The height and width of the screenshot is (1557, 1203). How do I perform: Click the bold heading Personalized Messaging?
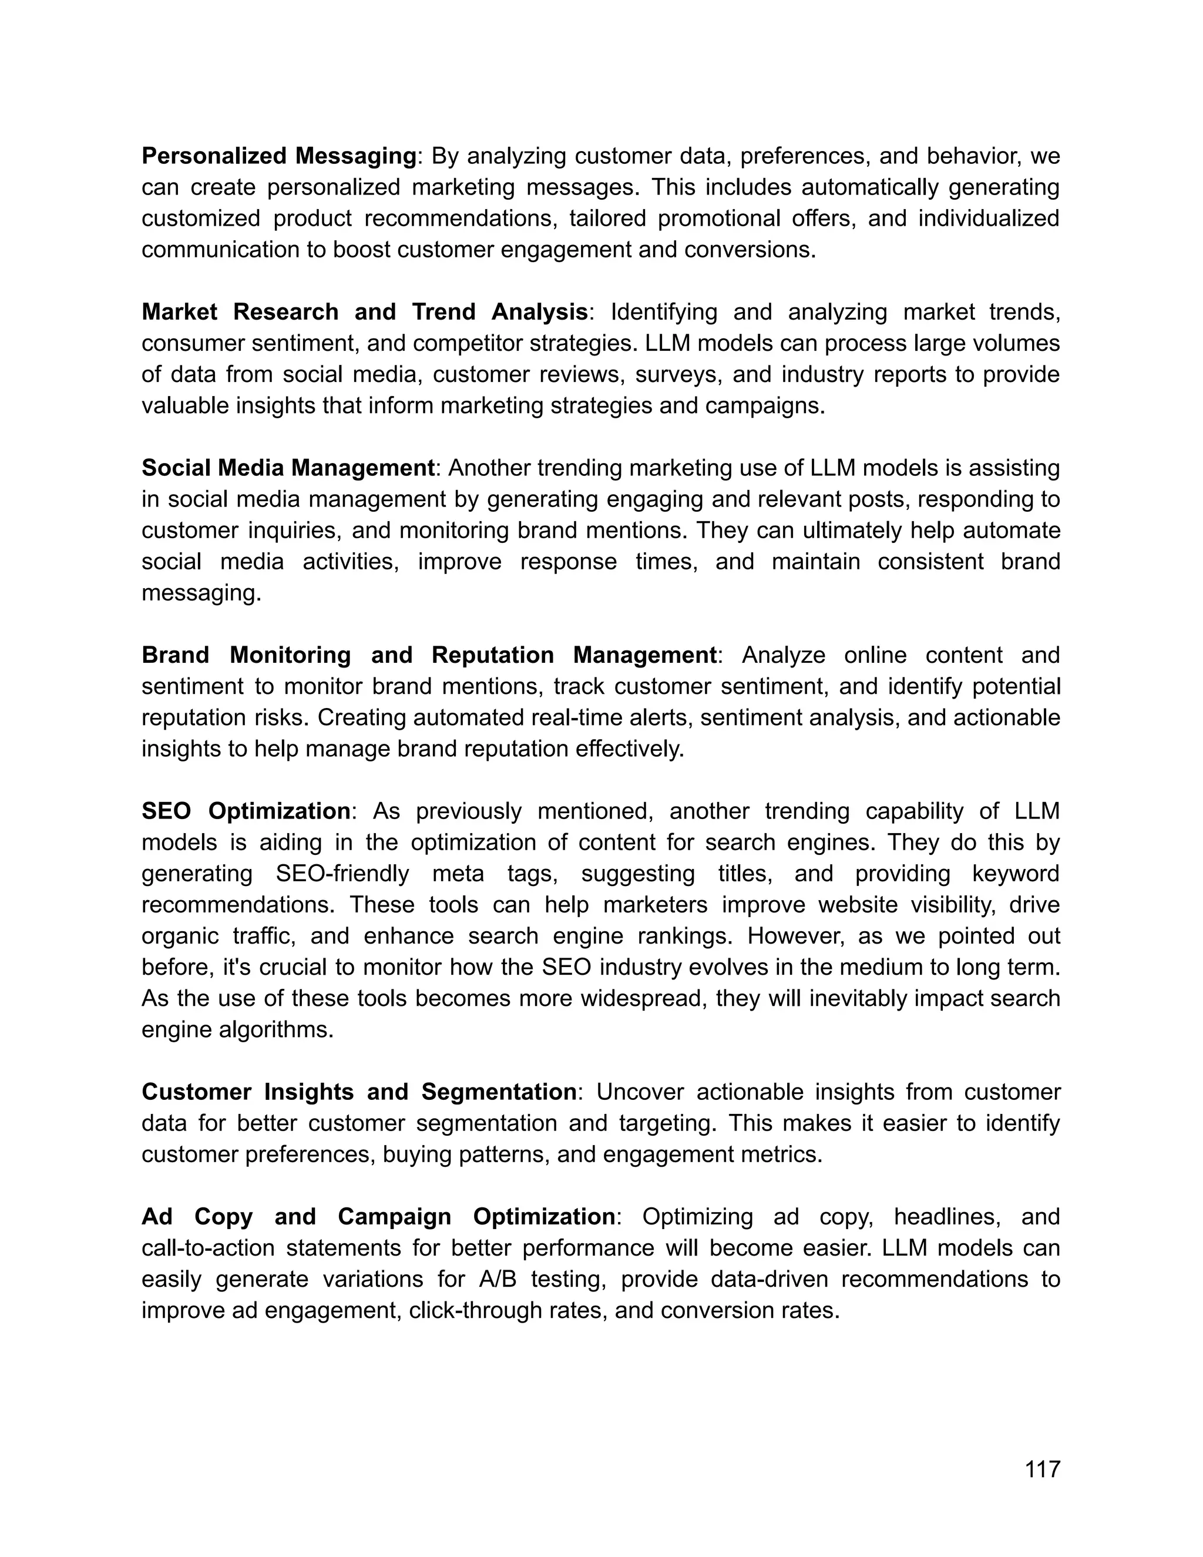pos(278,156)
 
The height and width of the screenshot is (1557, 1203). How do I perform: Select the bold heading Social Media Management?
pos(288,468)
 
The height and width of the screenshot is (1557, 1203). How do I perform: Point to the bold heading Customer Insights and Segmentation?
pos(358,1092)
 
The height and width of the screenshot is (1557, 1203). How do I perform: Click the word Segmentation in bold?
pos(498,1092)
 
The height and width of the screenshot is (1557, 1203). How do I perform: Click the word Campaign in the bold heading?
pos(394,1216)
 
